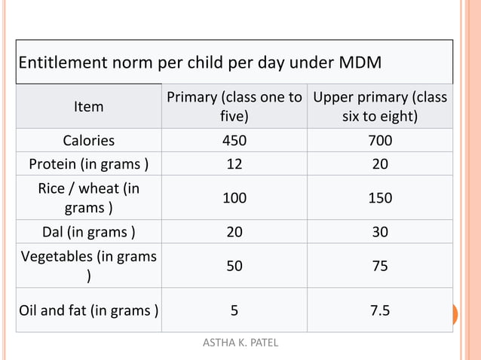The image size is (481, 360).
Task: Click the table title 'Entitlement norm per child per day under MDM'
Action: (x=199, y=62)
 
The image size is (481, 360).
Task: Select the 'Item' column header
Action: (x=89, y=107)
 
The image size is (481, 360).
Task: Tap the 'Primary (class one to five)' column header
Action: (x=234, y=107)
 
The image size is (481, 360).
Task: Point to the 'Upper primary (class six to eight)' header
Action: (x=380, y=107)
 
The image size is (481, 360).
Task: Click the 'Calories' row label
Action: (x=89, y=141)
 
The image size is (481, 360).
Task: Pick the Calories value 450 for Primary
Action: (x=234, y=141)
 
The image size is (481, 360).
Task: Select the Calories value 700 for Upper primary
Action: (x=380, y=141)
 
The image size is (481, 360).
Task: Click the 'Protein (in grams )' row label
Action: (x=89, y=164)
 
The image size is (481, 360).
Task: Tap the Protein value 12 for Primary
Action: (x=234, y=164)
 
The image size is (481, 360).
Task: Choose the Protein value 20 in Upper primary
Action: (x=380, y=164)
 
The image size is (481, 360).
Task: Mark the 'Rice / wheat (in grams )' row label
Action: (x=89, y=197)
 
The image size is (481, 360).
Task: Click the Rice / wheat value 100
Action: (x=234, y=198)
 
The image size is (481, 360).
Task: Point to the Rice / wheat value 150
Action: (x=380, y=198)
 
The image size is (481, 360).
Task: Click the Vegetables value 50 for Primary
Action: (x=234, y=266)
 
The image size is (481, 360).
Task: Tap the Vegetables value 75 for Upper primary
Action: (x=380, y=266)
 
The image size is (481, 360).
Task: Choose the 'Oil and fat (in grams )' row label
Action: (x=89, y=310)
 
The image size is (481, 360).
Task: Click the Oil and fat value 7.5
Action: (x=380, y=310)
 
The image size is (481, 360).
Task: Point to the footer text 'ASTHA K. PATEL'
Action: (x=240, y=343)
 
